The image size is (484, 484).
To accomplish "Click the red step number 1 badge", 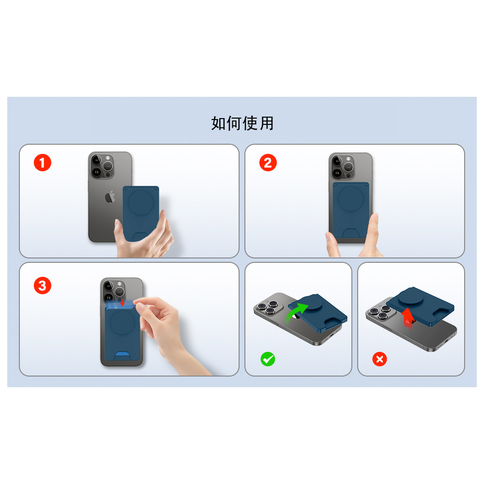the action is tap(43, 163).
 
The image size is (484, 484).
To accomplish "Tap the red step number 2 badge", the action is tap(268, 163).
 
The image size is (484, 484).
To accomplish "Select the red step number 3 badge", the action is tap(43, 286).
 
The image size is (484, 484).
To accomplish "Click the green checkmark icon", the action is tap(268, 359).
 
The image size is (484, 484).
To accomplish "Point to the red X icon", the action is tap(379, 359).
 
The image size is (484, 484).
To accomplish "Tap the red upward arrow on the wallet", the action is tap(408, 318).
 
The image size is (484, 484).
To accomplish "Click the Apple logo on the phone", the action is tap(110, 197).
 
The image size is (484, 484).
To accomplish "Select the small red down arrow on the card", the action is tap(122, 302).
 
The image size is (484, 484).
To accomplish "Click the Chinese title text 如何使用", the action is tap(242, 123).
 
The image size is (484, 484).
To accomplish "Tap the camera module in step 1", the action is tap(102, 166).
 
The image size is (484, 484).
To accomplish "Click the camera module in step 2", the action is tap(343, 167).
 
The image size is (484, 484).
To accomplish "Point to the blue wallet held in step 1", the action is tap(141, 213).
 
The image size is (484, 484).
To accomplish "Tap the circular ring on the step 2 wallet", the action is tap(350, 199).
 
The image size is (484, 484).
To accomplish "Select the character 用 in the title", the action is tap(267, 123).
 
